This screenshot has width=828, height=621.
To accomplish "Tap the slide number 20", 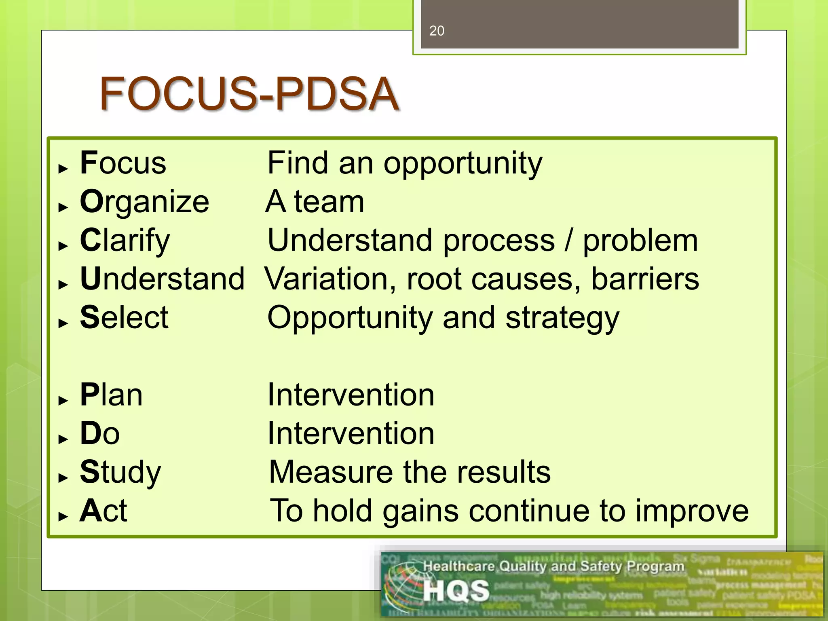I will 437,31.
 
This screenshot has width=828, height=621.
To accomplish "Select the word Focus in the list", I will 123,163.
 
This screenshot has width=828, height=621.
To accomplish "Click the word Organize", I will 144,201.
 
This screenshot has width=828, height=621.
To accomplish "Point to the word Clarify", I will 125,241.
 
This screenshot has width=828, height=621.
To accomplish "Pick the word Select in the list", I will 124,317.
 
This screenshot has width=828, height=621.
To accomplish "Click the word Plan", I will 111,395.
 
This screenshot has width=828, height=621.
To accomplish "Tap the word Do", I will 100,433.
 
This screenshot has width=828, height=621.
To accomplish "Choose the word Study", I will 120,472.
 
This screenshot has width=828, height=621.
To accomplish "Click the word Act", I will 103,511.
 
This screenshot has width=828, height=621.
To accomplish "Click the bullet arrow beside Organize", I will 63,207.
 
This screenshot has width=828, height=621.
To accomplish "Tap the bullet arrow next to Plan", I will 63,401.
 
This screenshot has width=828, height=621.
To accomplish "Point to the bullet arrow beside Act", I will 63,516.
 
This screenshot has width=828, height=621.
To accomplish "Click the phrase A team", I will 315,201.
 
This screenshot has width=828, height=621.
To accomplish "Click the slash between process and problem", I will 568,241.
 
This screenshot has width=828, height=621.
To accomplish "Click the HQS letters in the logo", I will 456,591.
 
